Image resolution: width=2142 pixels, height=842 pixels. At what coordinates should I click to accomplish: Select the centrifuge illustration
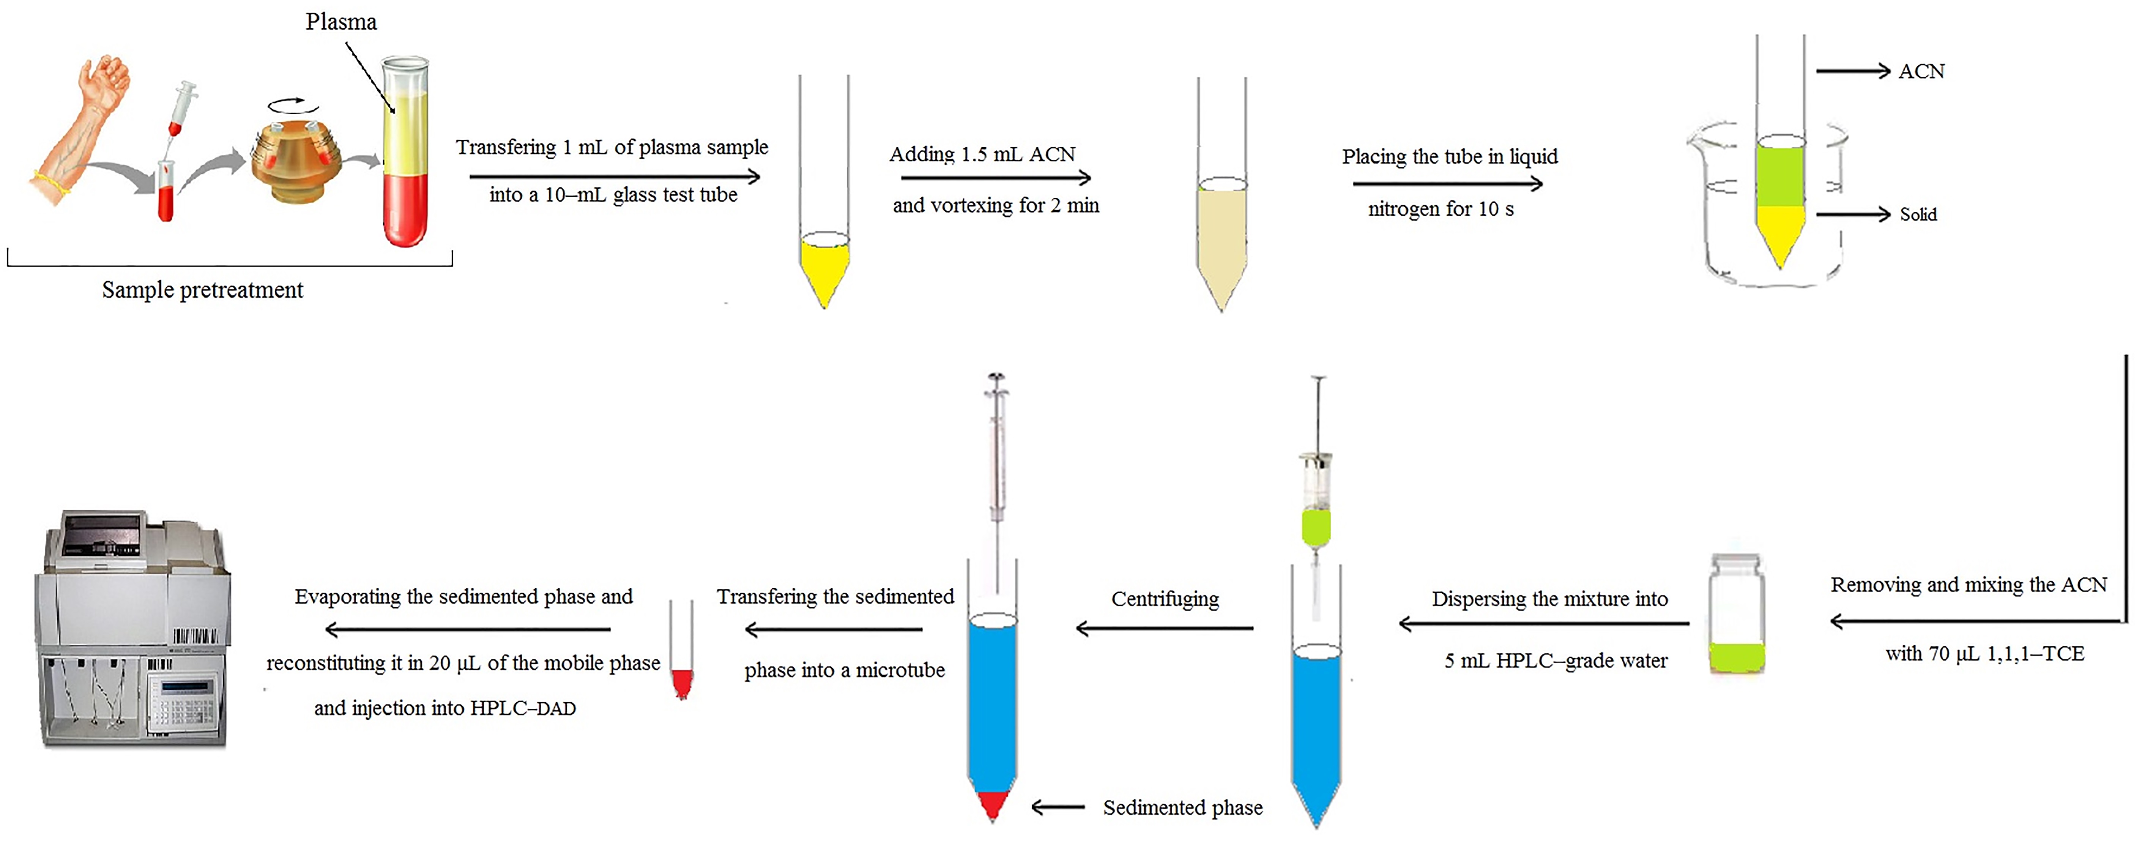(297, 162)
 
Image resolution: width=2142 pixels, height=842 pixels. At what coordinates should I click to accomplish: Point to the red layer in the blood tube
(405, 208)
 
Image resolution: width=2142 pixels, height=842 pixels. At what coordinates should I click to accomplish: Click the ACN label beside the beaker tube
(1921, 71)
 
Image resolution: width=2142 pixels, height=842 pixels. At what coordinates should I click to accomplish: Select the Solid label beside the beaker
(1918, 214)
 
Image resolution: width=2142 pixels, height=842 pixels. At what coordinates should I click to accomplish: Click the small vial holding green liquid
(1736, 615)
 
